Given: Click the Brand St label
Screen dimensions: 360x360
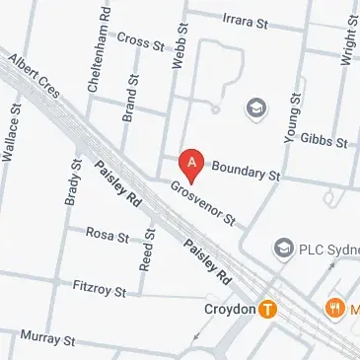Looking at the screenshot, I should point(128,97).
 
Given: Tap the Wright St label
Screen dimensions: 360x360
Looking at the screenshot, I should point(347,41).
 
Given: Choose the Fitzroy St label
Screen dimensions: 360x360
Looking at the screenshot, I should point(100,288).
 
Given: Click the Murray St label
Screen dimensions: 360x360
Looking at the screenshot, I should point(47,338).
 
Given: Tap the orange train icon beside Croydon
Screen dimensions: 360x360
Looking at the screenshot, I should point(268,309).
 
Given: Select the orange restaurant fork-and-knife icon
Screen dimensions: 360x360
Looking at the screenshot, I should point(334,308).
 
